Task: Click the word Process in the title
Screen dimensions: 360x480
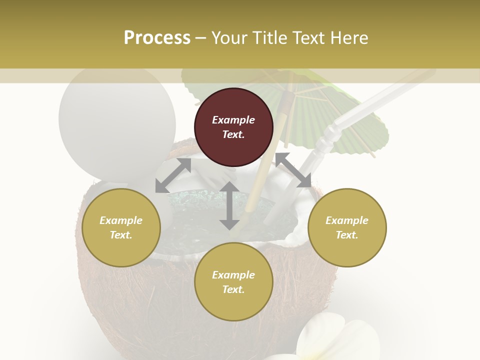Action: tap(157, 38)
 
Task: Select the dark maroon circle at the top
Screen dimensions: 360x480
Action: tap(233, 127)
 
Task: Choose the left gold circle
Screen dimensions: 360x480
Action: tap(121, 227)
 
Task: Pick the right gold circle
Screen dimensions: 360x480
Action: tap(347, 227)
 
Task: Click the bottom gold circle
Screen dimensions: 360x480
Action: tap(233, 281)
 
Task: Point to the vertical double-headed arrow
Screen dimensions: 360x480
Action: tap(229, 205)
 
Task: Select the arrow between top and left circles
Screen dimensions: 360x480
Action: tap(173, 175)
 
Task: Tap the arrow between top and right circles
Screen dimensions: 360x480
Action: tap(293, 170)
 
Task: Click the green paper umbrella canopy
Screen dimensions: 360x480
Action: tap(345, 115)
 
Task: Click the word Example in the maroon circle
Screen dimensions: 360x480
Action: tap(233, 120)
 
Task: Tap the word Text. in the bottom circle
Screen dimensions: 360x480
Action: tap(233, 289)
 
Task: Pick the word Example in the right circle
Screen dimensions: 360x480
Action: tap(347, 220)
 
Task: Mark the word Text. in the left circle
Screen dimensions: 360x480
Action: tap(121, 235)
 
